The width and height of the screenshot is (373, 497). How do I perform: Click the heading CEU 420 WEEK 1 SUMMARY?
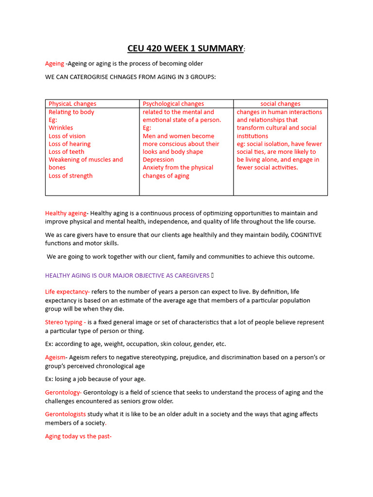(186, 48)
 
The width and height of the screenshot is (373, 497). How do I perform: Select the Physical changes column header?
(72, 103)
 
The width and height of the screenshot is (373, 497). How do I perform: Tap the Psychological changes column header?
(173, 103)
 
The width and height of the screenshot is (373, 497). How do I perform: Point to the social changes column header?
(280, 103)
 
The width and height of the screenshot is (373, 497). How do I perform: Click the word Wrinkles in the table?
(61, 128)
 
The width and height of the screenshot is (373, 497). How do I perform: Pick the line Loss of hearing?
(69, 144)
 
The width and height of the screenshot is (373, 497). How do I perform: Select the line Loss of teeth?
(66, 151)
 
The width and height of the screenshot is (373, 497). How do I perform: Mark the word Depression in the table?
(158, 159)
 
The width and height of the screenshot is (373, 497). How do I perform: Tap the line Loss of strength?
(70, 176)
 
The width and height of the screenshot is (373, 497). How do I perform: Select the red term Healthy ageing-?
(66, 213)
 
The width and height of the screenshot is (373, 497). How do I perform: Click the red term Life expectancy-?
(68, 292)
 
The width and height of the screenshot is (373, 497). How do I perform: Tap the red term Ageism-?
(55, 357)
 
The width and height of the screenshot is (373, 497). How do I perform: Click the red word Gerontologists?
(66, 414)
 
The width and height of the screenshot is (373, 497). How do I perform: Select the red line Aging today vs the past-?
(78, 436)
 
